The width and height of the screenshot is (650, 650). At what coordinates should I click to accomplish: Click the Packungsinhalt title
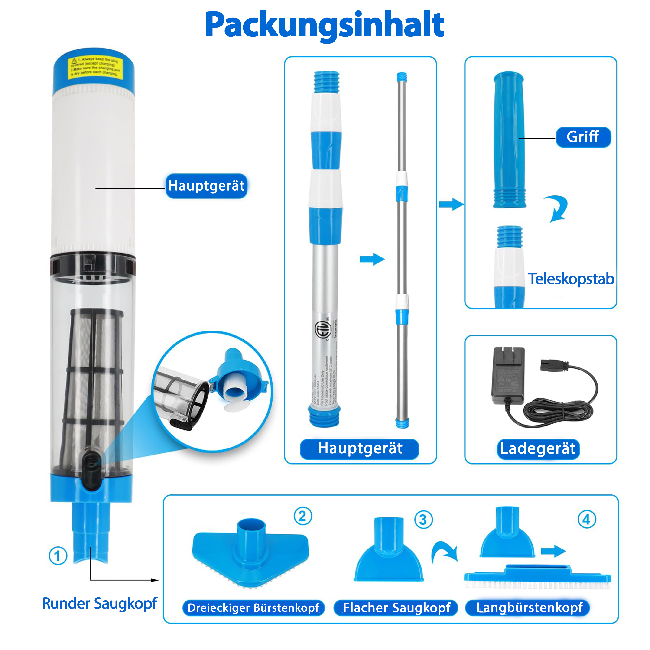pyautogui.click(x=325, y=25)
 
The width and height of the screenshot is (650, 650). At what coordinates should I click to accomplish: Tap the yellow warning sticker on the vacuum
pyautogui.click(x=95, y=67)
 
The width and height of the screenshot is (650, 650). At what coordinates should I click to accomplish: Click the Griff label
pyautogui.click(x=583, y=137)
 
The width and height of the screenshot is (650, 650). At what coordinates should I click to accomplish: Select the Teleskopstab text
pyautogui.click(x=571, y=279)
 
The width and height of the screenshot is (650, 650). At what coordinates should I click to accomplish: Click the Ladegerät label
pyautogui.click(x=538, y=448)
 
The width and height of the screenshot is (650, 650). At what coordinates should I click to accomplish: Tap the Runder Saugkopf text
pyautogui.click(x=100, y=603)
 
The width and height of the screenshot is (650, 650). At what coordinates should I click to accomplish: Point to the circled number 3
pyautogui.click(x=423, y=520)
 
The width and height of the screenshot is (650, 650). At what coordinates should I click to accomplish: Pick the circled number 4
pyautogui.click(x=587, y=520)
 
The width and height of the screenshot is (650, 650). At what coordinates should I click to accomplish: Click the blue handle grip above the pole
pyautogui.click(x=509, y=140)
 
